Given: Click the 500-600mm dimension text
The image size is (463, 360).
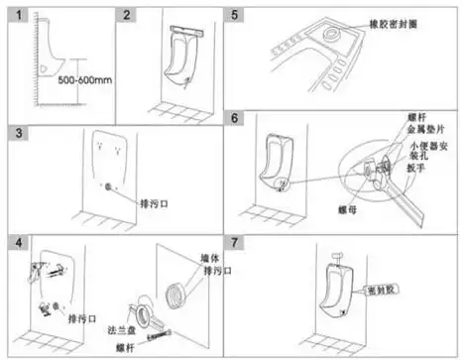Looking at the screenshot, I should pos(82,80).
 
